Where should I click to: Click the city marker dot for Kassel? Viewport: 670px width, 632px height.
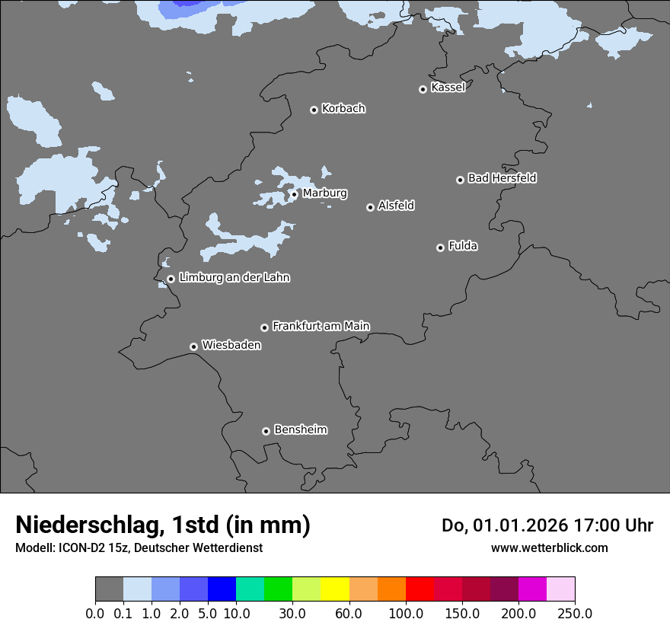tap(423, 89)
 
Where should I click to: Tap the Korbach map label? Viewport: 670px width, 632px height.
tap(343, 109)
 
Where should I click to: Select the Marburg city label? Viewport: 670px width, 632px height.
tap(324, 193)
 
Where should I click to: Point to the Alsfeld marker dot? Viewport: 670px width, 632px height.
tap(370, 207)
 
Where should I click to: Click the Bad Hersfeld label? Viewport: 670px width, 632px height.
tap(502, 178)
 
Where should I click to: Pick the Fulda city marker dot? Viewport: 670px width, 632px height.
tap(440, 247)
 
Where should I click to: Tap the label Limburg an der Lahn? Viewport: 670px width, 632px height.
tap(234, 278)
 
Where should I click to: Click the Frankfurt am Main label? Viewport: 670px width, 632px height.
tap(321, 326)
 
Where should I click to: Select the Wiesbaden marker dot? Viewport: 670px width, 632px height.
tap(193, 346)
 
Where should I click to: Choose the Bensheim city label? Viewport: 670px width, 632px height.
tap(300, 429)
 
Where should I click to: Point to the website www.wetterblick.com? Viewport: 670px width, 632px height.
tap(549, 547)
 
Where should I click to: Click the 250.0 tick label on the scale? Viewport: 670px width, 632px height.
tap(575, 613)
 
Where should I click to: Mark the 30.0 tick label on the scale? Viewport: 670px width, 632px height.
tap(292, 613)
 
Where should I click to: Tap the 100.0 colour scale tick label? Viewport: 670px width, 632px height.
tap(405, 613)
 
